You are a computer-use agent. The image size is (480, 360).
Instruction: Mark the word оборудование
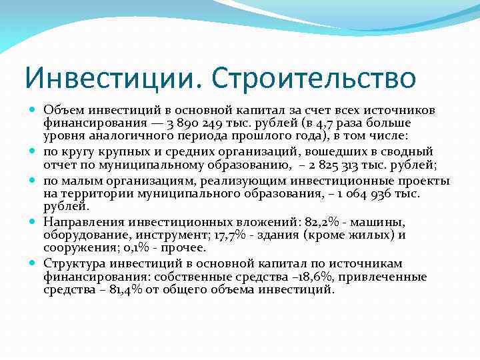[83, 235]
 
